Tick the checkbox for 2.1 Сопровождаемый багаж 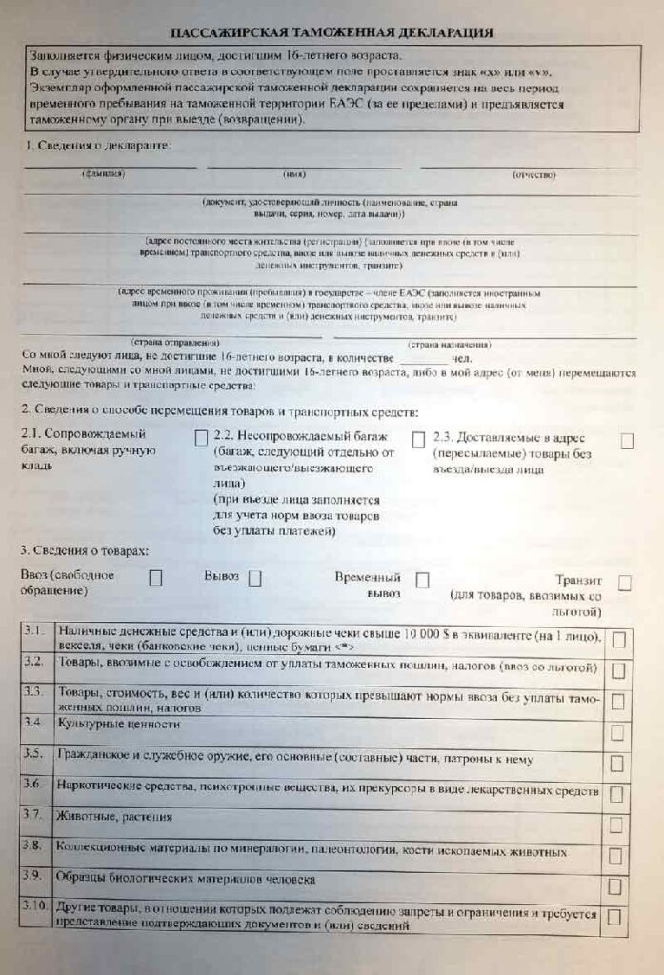[200, 438]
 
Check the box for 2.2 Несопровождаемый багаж [417, 439]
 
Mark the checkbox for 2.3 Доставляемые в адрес [627, 441]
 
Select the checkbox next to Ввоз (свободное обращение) [155, 577]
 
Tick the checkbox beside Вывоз [254, 577]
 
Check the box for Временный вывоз [422, 580]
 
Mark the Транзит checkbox [625, 583]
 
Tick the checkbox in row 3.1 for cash [617, 640]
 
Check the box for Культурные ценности [617, 732]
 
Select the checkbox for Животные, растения [617, 824]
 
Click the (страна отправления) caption [173, 342]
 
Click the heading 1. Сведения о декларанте [97, 146]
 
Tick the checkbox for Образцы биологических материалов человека [617, 885]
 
